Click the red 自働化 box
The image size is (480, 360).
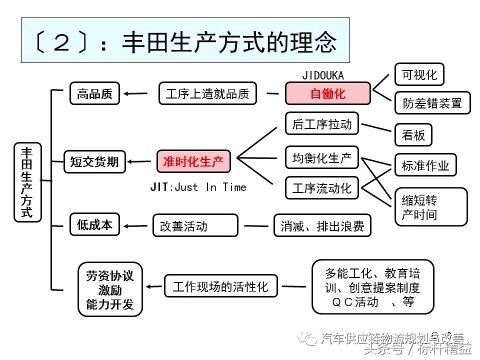click(327, 93)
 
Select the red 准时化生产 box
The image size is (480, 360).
click(193, 161)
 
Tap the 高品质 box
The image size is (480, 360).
click(94, 93)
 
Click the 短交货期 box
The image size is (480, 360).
click(94, 161)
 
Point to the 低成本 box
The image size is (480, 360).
click(94, 225)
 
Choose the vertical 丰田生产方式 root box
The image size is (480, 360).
click(27, 182)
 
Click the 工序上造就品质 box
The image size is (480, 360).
click(207, 93)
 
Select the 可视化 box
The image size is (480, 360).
click(419, 74)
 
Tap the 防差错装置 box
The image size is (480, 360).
click(432, 103)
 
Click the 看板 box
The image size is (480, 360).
click(413, 135)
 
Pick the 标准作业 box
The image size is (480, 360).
click(425, 165)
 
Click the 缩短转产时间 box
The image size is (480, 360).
click(430, 207)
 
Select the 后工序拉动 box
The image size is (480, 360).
click(322, 124)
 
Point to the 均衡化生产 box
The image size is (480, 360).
click(322, 158)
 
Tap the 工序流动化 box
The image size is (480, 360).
click(322, 188)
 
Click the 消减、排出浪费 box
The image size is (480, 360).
click(322, 226)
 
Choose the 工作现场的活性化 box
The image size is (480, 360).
click(220, 286)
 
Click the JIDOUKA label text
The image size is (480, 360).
click(323, 75)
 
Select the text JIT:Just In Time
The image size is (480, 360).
click(198, 187)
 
